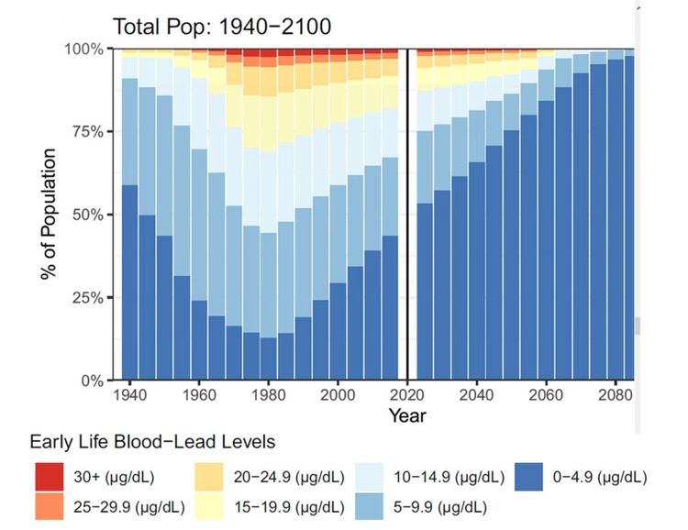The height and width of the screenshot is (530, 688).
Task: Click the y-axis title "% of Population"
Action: (52, 215)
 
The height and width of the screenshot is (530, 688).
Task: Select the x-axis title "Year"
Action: (406, 415)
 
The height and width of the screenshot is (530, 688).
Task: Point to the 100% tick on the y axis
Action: (89, 49)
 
